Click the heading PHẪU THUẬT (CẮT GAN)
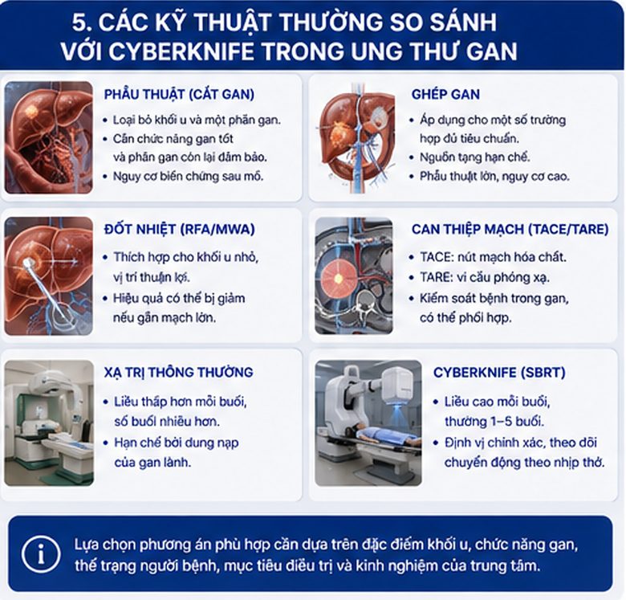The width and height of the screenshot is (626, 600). [x=179, y=94]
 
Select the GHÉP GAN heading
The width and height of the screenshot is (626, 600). [x=445, y=94]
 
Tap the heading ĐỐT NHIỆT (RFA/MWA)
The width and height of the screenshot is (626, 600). [x=179, y=229]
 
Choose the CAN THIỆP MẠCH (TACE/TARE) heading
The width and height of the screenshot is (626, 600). [x=510, y=229]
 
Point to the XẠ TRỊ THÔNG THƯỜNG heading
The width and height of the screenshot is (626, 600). [x=178, y=373]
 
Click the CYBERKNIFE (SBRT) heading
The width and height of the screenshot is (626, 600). [x=499, y=373]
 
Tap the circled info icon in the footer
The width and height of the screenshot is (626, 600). [x=41, y=554]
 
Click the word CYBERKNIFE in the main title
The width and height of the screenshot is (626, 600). [x=181, y=51]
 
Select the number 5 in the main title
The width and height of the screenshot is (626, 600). [x=79, y=22]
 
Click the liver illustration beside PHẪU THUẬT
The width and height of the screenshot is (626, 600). [x=49, y=138]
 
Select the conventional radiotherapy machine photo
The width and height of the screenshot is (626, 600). [x=49, y=422]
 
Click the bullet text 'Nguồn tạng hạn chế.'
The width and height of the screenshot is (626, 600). [x=474, y=157]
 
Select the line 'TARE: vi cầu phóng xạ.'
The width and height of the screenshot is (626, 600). [x=485, y=277]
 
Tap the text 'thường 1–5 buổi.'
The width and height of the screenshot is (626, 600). [x=494, y=422]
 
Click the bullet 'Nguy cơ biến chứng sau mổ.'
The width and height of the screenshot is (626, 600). [x=188, y=176]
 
